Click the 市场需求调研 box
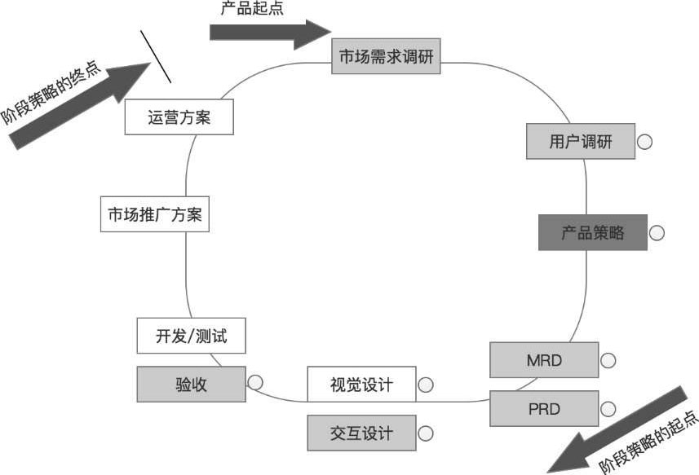(x=387, y=57)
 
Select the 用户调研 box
(x=580, y=142)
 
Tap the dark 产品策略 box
(x=592, y=233)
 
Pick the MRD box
(x=544, y=359)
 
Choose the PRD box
(x=544, y=408)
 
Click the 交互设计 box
(x=361, y=433)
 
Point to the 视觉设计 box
(x=361, y=385)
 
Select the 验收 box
(x=191, y=385)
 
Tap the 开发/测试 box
(x=191, y=336)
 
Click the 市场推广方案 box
(x=155, y=215)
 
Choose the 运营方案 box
(x=179, y=117)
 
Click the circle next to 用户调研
(x=644, y=142)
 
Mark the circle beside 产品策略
(x=656, y=233)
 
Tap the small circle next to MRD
(x=608, y=360)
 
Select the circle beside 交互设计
(x=425, y=433)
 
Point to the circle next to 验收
(x=254, y=381)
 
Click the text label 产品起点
(x=252, y=9)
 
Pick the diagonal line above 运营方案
(x=156, y=57)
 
